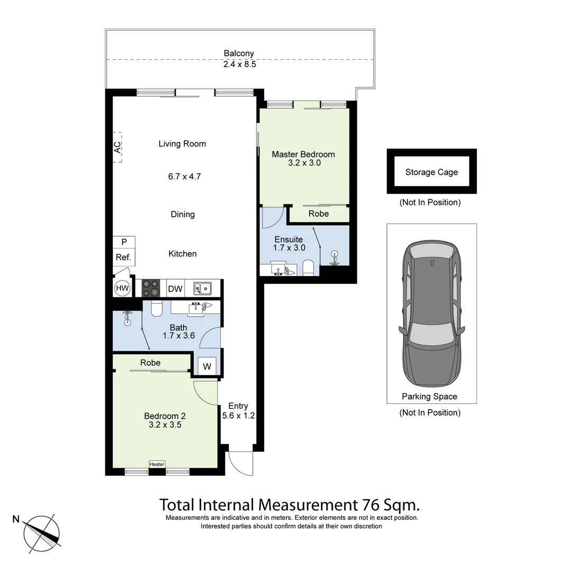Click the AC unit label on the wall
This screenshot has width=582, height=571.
[x=117, y=146]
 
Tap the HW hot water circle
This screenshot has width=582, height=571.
[x=122, y=288]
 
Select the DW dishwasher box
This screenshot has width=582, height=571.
[x=175, y=289]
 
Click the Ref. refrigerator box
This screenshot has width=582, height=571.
[x=124, y=258]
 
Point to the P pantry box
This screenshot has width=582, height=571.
[x=124, y=242]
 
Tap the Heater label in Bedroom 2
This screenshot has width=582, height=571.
[x=157, y=464]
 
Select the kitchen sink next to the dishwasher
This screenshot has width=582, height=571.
[x=202, y=288]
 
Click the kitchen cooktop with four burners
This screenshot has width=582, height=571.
[x=150, y=288]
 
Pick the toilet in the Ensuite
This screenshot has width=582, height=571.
[x=309, y=268]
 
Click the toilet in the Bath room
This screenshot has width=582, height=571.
[x=156, y=308]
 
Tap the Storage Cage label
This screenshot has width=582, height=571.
[x=431, y=172]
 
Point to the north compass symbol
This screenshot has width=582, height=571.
[x=41, y=531]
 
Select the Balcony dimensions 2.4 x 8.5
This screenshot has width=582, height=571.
[x=239, y=64]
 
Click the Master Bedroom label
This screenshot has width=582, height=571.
[x=303, y=154]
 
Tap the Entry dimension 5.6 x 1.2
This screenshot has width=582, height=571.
[x=238, y=416]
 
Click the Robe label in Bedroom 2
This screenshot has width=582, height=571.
[x=150, y=363]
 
